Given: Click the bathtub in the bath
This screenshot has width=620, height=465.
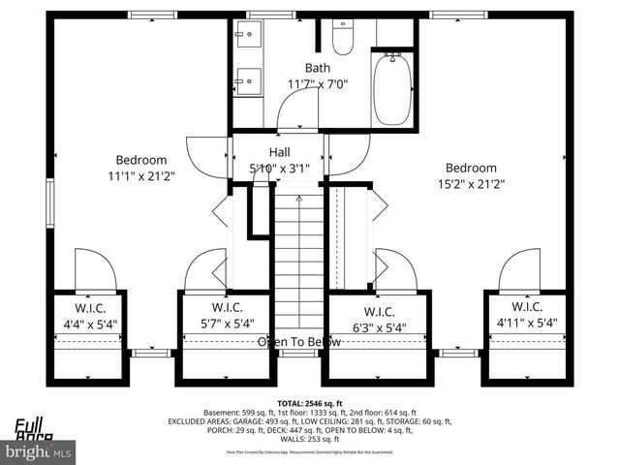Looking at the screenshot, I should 393,88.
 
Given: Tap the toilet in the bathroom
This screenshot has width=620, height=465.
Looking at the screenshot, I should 342,38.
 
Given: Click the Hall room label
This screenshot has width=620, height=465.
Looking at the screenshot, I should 279,152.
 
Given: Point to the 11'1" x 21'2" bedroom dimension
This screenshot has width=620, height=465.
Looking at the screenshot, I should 141,176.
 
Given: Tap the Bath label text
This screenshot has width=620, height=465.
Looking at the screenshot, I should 317,68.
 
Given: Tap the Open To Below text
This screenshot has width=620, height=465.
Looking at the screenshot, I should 299,342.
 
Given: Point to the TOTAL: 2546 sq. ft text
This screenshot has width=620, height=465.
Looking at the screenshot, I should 310,402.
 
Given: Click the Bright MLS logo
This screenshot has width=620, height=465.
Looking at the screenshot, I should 39,451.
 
